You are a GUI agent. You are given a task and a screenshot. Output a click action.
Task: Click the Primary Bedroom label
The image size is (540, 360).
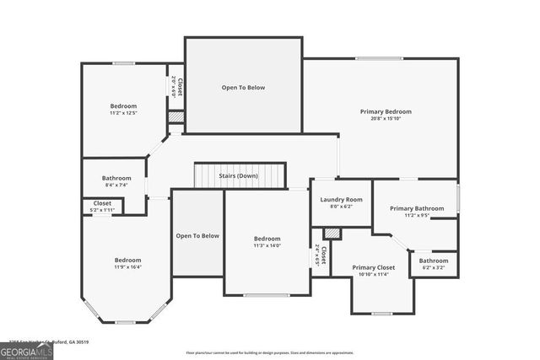coord(386,111)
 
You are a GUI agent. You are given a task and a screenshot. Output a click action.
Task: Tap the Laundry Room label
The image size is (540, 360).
coord(341,200)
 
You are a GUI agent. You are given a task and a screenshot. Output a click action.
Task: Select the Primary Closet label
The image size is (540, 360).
coord(374,267)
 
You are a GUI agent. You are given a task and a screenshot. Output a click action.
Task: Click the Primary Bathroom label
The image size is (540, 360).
coord(417,208)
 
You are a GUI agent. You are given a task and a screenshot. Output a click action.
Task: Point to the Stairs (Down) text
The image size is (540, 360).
coord(238,175)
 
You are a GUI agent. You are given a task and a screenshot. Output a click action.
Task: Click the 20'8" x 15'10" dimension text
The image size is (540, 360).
coord(386,119)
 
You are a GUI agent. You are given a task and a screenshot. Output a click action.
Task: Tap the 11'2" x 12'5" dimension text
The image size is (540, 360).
coord(123,113)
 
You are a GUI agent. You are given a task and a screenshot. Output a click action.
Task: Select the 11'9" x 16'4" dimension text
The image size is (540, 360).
coord(128,267)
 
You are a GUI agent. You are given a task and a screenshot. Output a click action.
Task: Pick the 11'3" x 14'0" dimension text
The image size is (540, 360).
coord(267,245)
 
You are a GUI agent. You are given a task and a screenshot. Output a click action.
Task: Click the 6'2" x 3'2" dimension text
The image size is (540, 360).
coord(434,268)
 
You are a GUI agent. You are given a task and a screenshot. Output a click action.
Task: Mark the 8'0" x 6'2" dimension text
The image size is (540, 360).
coord(341,207)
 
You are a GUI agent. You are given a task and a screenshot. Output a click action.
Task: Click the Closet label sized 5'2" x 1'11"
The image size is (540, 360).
coord(102,203)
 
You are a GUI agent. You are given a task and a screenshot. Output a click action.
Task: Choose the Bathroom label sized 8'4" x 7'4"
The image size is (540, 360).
coord(116,178)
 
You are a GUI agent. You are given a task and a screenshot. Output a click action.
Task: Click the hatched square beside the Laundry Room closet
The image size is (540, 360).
coord(332,233)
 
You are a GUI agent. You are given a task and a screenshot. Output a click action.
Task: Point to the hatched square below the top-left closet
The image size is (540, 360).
coord(175,117)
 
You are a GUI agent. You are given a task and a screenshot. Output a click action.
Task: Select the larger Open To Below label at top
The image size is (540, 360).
coord(244,87)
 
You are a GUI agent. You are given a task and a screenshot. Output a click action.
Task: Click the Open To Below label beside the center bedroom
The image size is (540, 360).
coord(197,236)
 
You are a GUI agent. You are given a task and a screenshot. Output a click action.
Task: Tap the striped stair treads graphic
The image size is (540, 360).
coord(240,176)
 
